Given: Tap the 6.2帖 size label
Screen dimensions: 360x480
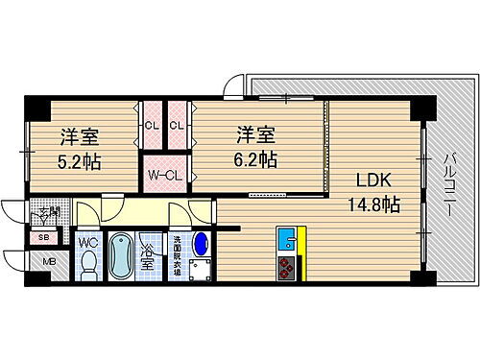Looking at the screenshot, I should click(x=254, y=159).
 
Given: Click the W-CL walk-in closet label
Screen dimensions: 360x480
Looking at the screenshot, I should click(x=163, y=176).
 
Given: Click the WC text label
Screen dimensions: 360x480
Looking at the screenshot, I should click(x=86, y=243).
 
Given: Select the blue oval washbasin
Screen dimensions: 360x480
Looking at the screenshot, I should click(x=202, y=246).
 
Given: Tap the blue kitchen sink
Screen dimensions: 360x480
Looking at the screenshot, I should click(x=285, y=237).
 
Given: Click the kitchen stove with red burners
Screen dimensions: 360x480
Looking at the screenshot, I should click(x=286, y=266).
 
